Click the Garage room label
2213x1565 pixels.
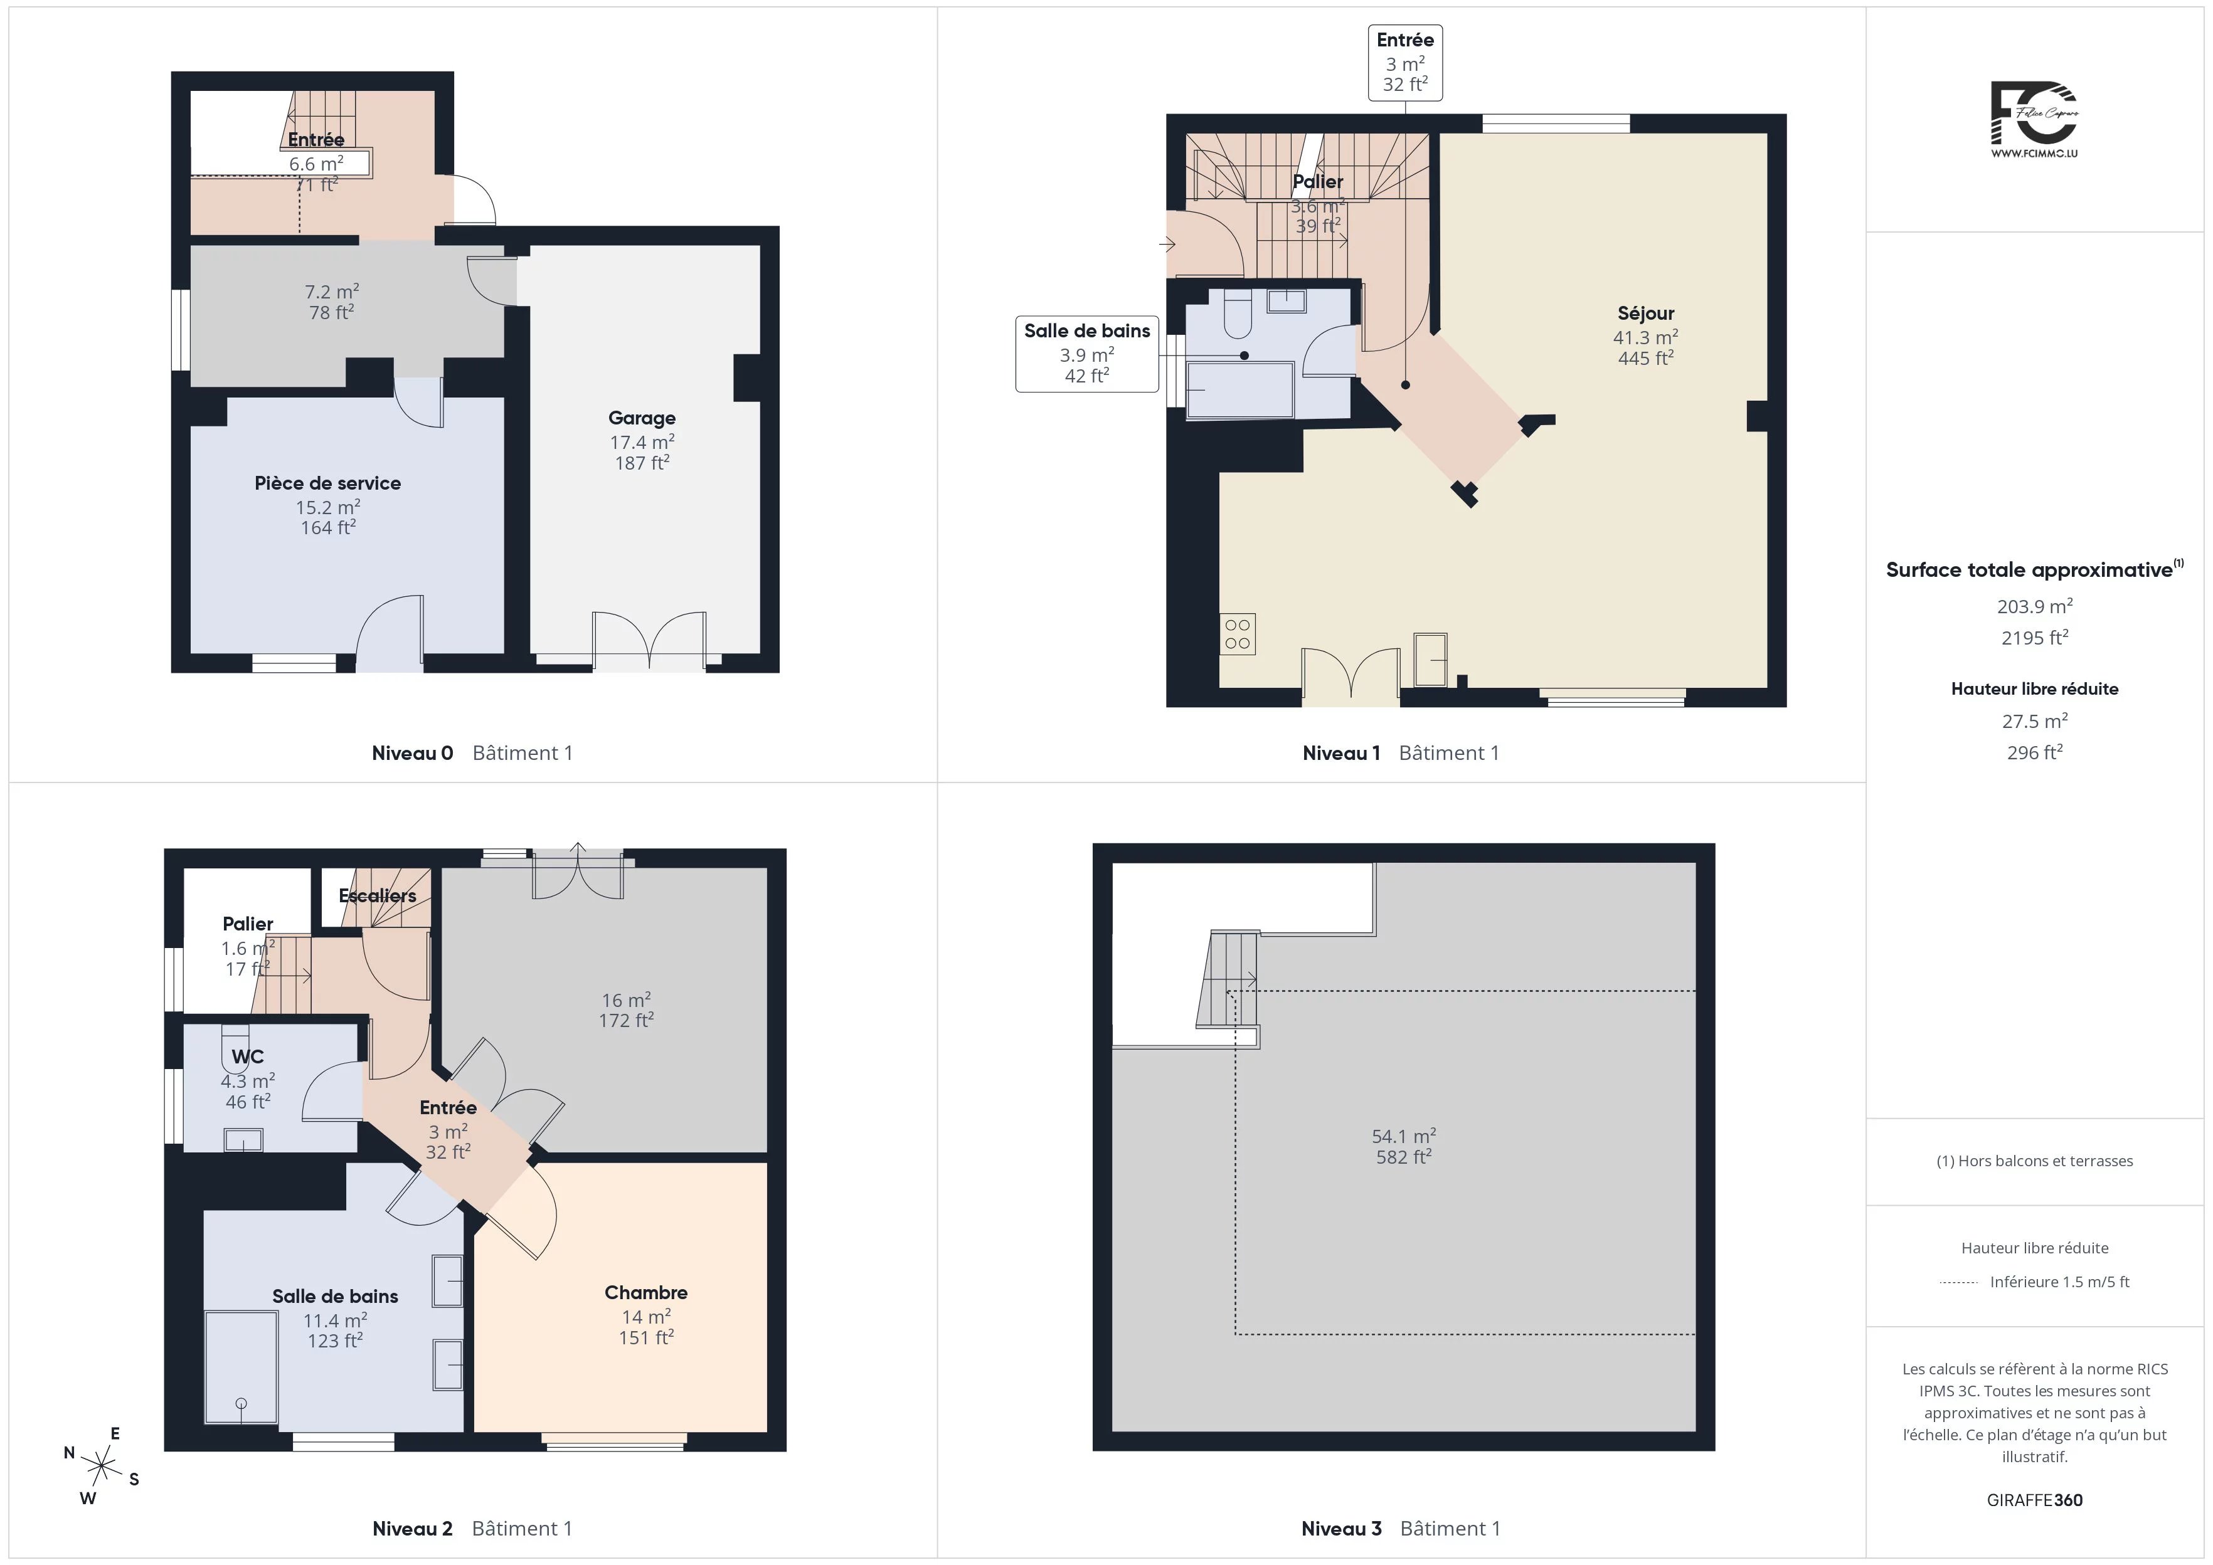[x=642, y=418]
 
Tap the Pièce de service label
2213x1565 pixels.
[x=327, y=483]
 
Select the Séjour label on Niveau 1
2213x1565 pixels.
[x=1645, y=314]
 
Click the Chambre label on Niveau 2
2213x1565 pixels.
[x=646, y=1292]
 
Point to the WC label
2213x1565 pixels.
[x=248, y=1056]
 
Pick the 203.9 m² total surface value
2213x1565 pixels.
[x=2035, y=606]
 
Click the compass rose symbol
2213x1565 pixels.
[x=101, y=1466]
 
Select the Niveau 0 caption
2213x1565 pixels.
[x=413, y=752]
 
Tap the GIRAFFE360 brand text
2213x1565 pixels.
[x=2035, y=1499]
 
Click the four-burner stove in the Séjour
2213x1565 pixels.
[x=1238, y=634]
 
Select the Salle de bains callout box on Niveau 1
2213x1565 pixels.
[x=1087, y=354]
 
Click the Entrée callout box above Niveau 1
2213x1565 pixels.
[x=1405, y=63]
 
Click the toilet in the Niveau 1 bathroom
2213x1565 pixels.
[x=1236, y=315]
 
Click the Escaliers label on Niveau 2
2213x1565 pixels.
[x=378, y=895]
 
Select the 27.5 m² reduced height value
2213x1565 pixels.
[x=2035, y=721]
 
